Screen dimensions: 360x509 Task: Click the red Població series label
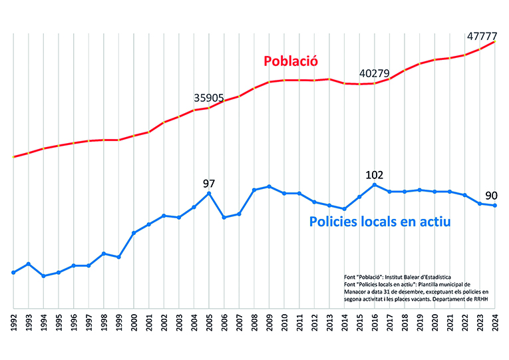click(x=291, y=61)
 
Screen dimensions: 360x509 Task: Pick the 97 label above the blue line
click(x=210, y=183)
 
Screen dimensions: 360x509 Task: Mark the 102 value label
click(x=375, y=174)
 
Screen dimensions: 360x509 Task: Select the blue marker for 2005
click(x=210, y=193)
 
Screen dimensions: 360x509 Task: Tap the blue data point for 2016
click(x=375, y=184)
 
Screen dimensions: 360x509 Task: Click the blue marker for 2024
click(x=495, y=206)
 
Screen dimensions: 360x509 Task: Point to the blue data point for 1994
click(x=44, y=275)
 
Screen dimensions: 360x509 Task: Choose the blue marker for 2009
click(x=269, y=186)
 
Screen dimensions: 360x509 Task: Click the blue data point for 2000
click(x=134, y=233)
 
